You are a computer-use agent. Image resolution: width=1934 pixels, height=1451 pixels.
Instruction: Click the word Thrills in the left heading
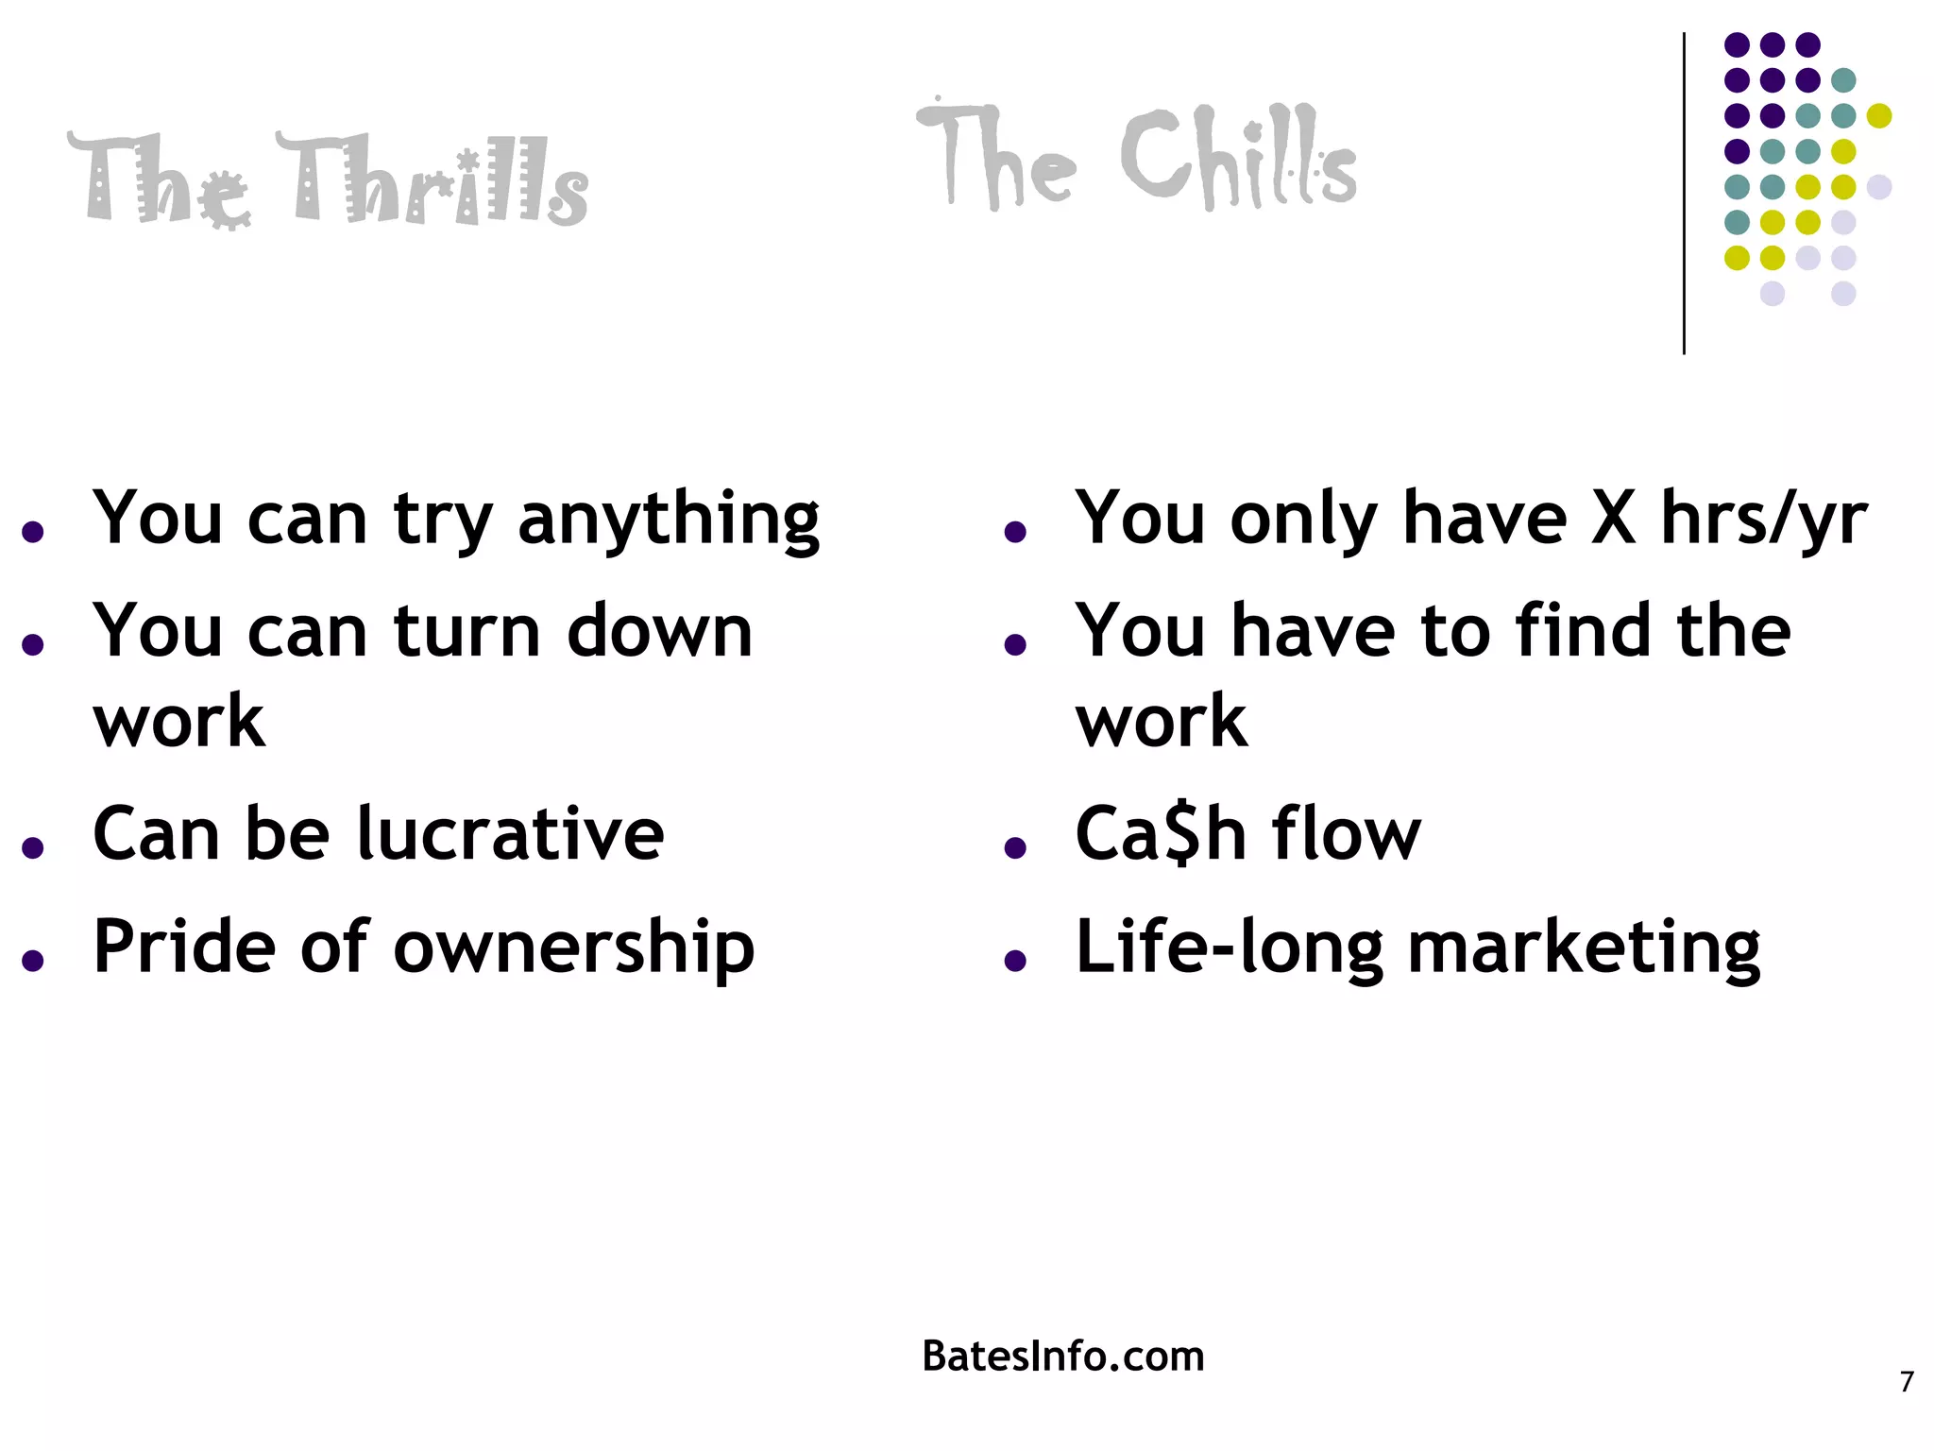coord(442,181)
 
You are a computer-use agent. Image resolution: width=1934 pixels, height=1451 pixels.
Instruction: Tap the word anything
coord(669,520)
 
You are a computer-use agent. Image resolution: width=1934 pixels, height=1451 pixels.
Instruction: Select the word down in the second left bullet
coord(659,631)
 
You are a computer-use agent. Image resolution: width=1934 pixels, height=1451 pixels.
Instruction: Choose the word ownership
coord(574,947)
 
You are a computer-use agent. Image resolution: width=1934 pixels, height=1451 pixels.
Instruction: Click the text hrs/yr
coord(1764,520)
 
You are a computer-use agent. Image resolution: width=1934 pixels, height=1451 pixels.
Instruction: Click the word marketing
coord(1584,947)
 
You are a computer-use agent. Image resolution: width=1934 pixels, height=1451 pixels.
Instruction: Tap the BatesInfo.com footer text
coord(1062,1357)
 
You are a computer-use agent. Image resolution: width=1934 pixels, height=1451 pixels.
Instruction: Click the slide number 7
coord(1907,1382)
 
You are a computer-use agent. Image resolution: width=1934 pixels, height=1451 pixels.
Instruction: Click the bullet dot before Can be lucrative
coord(34,847)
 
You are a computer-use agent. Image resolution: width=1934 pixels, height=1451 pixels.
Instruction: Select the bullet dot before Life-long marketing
coord(1015,961)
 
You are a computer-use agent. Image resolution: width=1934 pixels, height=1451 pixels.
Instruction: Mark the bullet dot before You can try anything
coord(34,532)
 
